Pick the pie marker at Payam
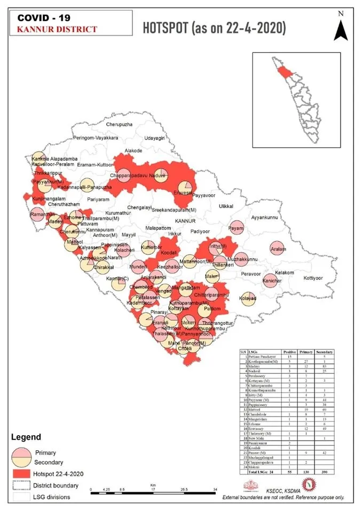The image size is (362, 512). tap(236, 228)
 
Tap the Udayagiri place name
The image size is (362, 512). tap(155, 138)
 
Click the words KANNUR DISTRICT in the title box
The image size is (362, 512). tap(58, 29)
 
